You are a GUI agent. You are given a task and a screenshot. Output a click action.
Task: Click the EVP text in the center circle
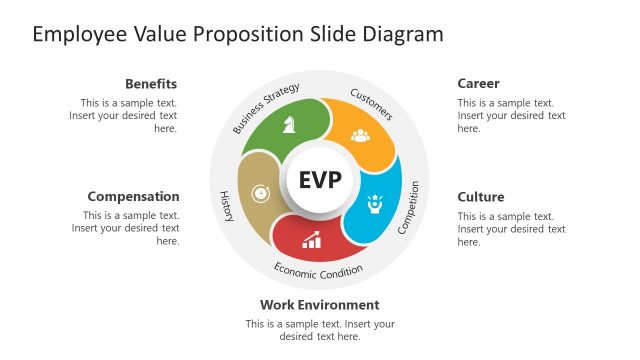pos(320,181)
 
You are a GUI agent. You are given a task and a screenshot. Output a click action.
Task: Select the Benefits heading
pos(150,84)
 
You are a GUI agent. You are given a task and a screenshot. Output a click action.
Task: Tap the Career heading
pos(478,84)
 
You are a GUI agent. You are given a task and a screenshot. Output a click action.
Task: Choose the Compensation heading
pos(133,197)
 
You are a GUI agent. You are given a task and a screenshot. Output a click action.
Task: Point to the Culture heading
pos(481,197)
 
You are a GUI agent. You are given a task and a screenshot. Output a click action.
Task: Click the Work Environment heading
pos(320,305)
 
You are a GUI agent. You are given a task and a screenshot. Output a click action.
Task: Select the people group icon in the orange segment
pos(361,134)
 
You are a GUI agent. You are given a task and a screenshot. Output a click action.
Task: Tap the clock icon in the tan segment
pos(260,191)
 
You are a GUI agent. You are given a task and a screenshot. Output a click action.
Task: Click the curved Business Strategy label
pos(266,109)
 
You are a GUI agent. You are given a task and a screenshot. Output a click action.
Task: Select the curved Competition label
pos(410,208)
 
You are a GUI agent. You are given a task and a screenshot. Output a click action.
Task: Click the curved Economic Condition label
pos(319,269)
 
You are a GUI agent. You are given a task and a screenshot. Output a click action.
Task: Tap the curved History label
pos(226,206)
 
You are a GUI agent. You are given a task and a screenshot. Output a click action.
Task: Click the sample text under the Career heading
pos(511,115)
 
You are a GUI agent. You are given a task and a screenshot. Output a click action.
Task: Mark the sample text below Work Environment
pos(320,330)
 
